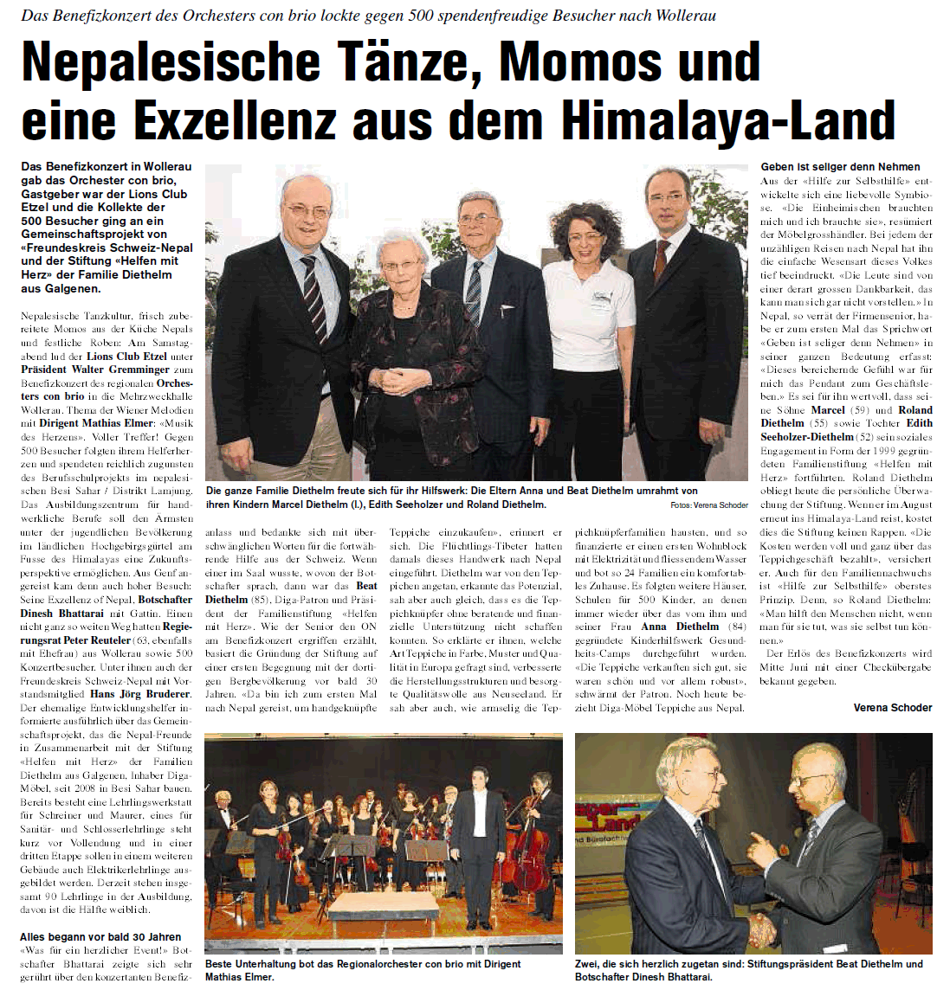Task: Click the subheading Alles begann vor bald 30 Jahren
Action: (100, 936)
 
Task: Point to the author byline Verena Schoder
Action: (892, 708)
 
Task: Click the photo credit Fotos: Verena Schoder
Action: (708, 505)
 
